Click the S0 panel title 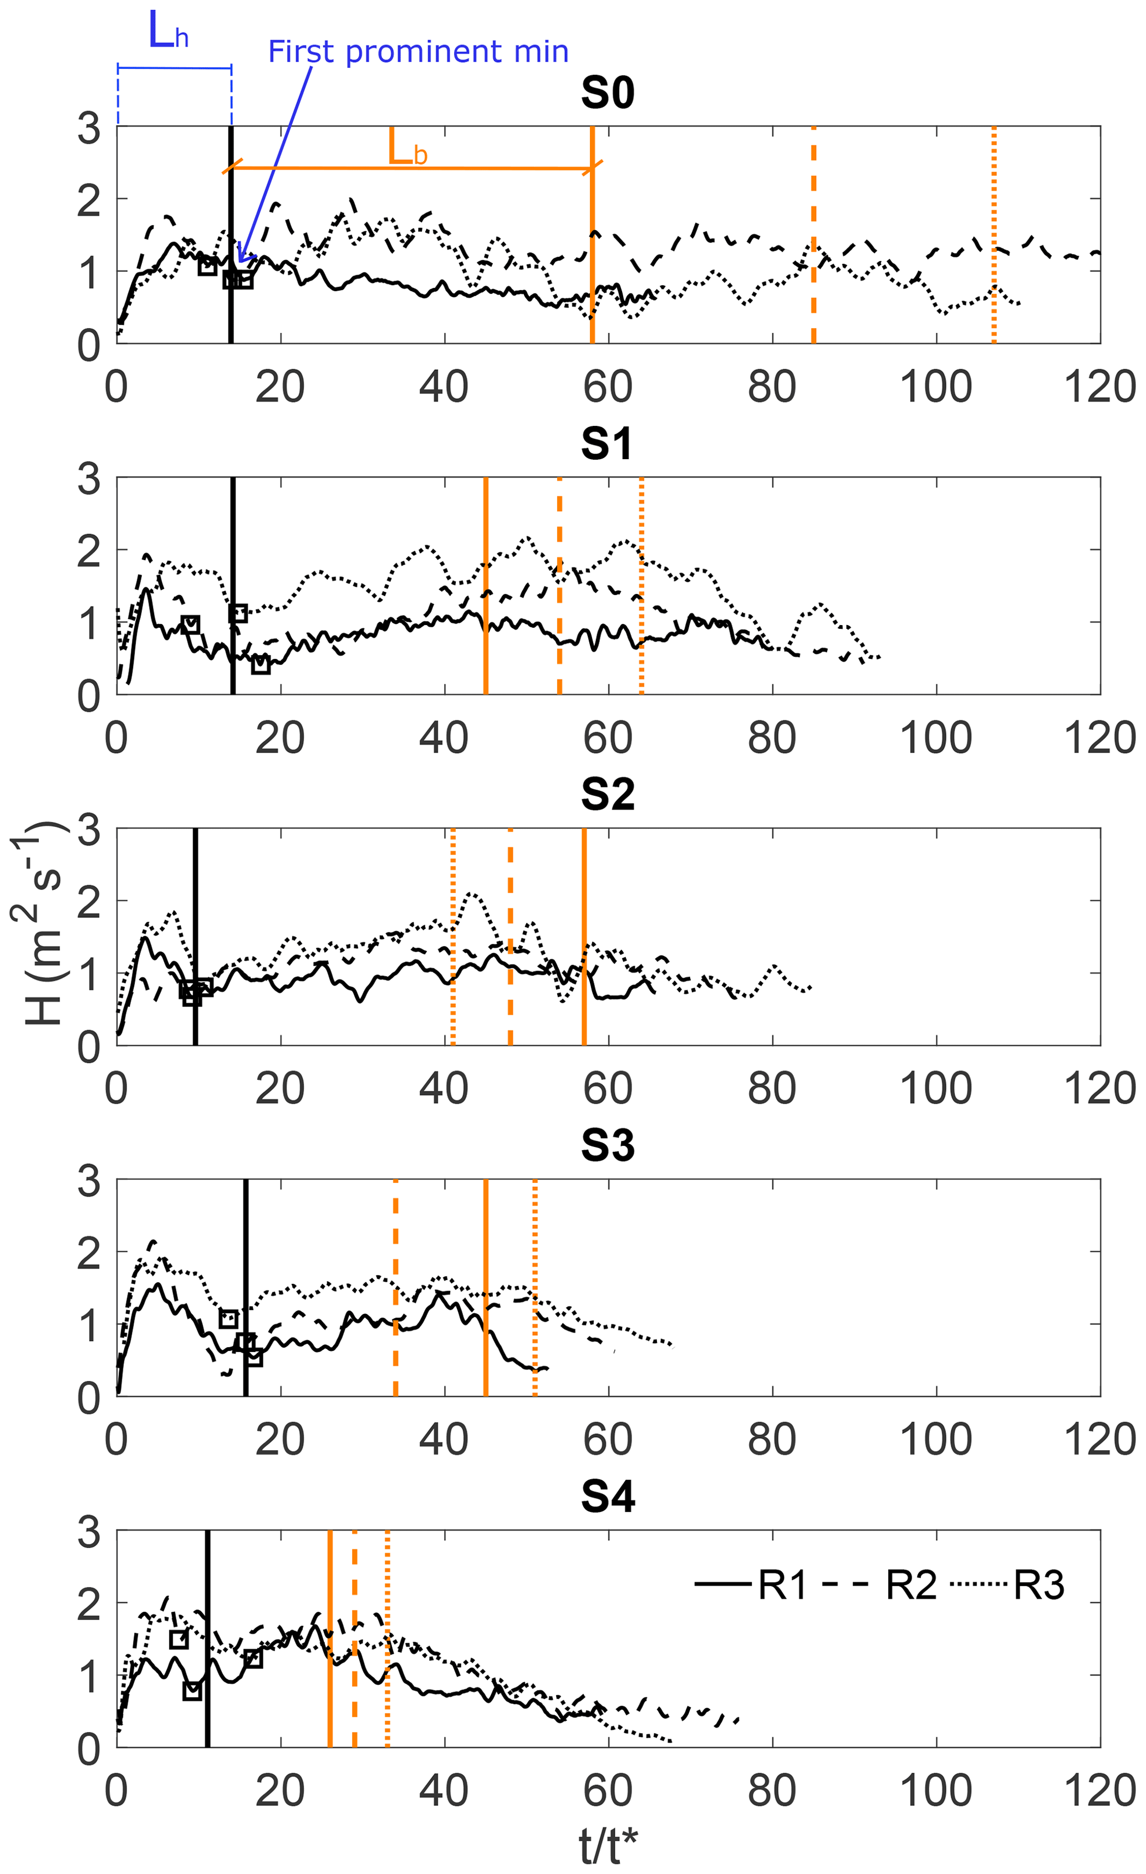coord(607,93)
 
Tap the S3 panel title coord(607,1145)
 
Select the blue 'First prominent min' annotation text coord(418,52)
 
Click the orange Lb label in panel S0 coord(408,148)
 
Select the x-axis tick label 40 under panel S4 coord(444,1792)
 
